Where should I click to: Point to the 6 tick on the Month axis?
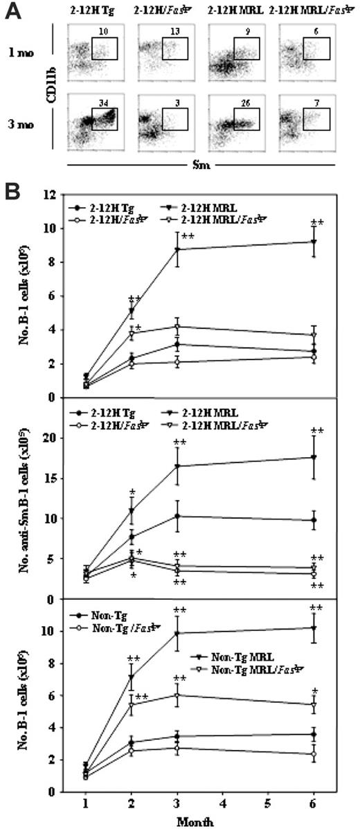click(314, 806)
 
